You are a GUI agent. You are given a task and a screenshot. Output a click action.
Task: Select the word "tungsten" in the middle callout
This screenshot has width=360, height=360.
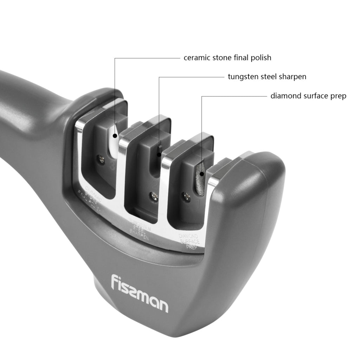[243, 77]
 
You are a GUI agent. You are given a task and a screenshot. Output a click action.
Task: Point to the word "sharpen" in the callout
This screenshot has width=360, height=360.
[293, 77]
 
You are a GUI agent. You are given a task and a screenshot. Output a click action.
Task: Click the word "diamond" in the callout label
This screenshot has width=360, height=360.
[285, 96]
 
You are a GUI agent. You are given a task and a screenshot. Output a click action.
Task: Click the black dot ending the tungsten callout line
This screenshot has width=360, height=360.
[159, 154]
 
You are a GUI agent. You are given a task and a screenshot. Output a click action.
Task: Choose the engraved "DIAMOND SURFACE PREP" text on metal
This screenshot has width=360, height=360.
[189, 240]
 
